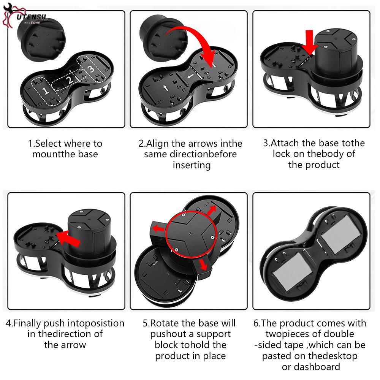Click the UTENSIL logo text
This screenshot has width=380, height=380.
click(32, 17)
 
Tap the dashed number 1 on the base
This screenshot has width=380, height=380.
click(45, 91)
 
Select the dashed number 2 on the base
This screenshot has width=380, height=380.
click(70, 80)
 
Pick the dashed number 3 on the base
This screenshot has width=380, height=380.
click(91, 69)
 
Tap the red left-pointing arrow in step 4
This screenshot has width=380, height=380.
click(68, 239)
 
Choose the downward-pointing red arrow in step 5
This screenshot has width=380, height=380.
click(203, 264)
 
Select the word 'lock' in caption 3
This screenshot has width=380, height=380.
click(281, 154)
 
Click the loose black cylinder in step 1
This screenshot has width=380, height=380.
click(41, 39)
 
